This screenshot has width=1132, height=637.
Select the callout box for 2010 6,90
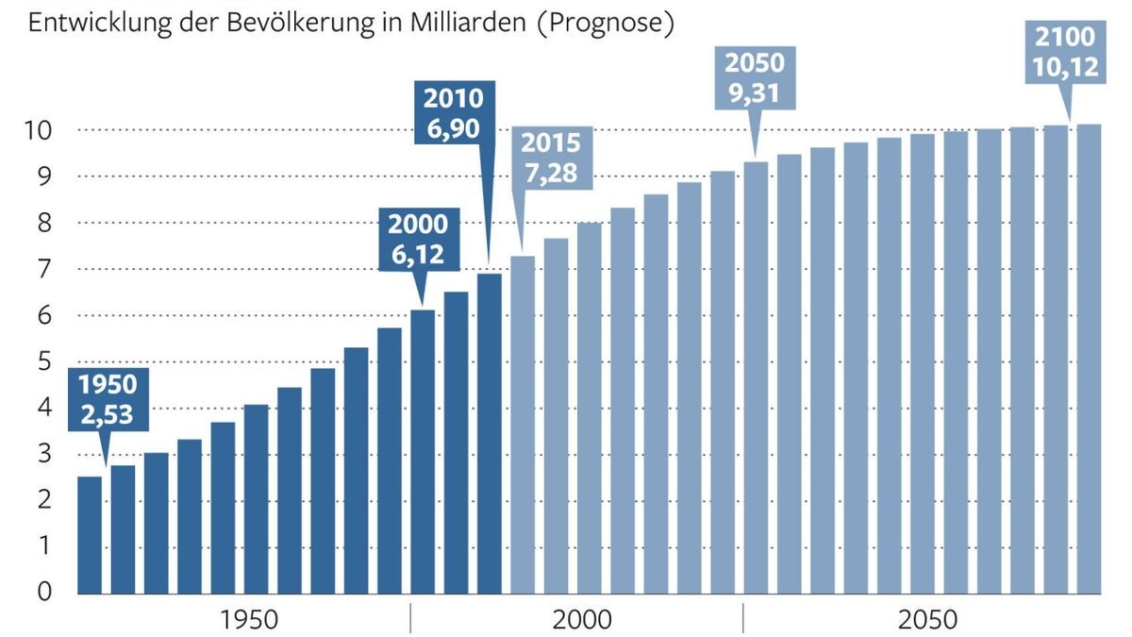(x=454, y=113)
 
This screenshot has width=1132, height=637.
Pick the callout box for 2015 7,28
(x=551, y=159)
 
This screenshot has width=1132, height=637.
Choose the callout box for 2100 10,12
(x=1065, y=51)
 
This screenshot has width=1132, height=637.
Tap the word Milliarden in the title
(x=468, y=23)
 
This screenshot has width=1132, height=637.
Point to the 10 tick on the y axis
(x=40, y=130)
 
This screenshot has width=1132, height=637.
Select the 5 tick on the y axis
(x=45, y=361)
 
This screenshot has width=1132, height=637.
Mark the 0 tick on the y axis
(x=45, y=593)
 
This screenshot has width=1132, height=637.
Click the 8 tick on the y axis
(x=45, y=223)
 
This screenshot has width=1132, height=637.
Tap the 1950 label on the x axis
(x=249, y=620)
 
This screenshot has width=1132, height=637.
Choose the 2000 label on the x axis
(x=582, y=620)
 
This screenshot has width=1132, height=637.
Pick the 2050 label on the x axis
(x=927, y=620)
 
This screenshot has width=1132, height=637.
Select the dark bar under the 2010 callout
(x=489, y=433)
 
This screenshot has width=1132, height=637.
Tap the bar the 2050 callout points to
(x=756, y=377)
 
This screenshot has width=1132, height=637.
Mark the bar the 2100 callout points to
(x=1089, y=359)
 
